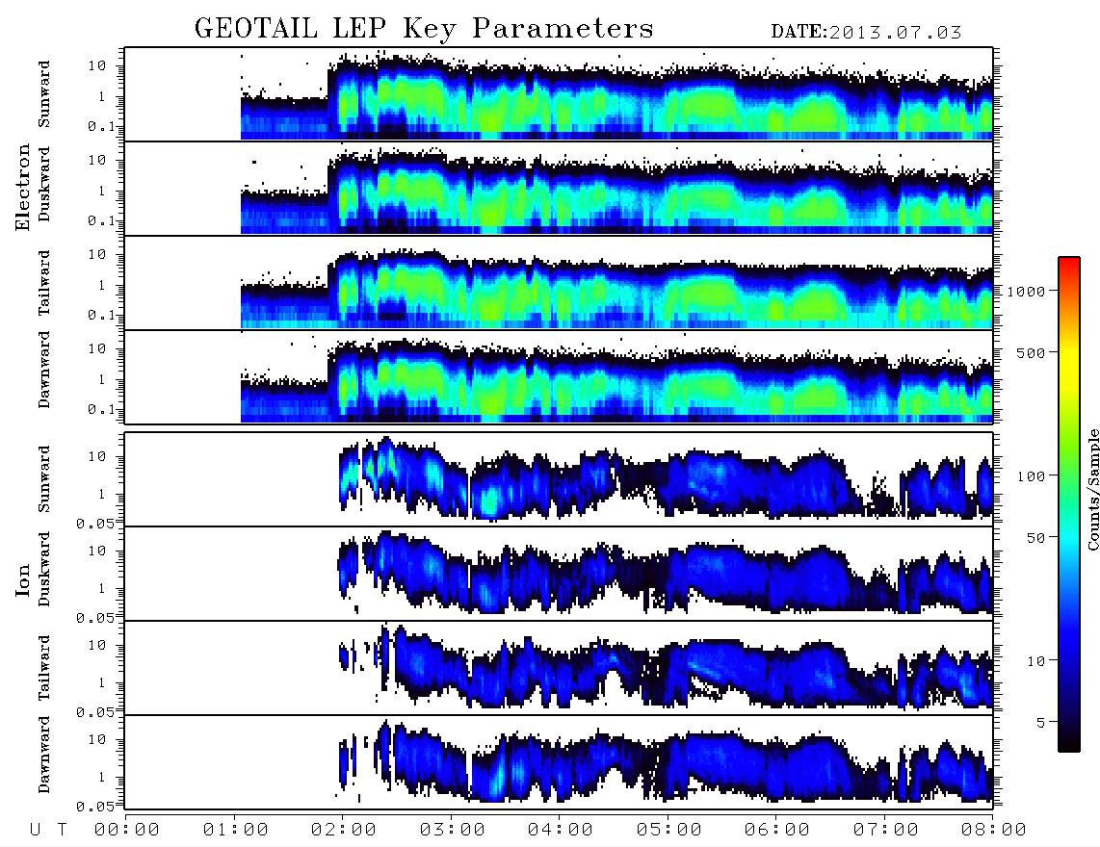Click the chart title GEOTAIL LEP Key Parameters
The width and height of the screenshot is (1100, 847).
pos(424,29)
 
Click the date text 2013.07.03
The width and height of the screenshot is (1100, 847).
pos(895,33)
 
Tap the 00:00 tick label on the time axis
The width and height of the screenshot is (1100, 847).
pos(127,830)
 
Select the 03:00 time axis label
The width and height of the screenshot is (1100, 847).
pos(452,830)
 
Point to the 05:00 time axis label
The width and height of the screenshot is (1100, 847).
pos(668,830)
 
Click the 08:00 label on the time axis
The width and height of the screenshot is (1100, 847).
pos(993,830)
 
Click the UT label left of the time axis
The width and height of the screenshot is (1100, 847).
pos(48,830)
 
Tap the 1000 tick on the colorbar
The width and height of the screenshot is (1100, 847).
pos(1025,291)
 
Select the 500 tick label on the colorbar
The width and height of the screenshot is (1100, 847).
pos(1031,352)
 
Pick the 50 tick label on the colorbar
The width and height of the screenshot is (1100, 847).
pos(1035,538)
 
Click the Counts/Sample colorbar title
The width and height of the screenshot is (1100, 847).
pos(1092,489)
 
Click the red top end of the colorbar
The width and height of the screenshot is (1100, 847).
pos(1069,261)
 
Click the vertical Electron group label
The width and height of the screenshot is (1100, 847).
pos(22,188)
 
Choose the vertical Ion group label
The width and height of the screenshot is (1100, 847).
pos(22,580)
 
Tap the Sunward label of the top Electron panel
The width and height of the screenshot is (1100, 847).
pos(44,94)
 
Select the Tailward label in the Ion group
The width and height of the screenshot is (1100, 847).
pos(44,668)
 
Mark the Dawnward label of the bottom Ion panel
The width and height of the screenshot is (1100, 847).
pos(44,754)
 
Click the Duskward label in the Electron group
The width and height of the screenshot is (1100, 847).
pos(44,184)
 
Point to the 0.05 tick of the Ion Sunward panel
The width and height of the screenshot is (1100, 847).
pos(94,523)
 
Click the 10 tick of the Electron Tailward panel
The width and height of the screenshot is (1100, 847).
pos(97,254)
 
